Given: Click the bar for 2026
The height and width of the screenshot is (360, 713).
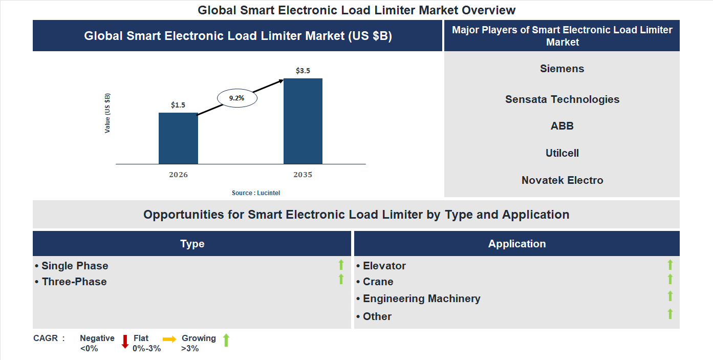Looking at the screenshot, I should tap(178, 138).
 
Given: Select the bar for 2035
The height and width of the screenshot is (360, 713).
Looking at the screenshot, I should tap(303, 121).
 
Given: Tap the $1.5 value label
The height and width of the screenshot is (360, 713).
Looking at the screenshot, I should tap(178, 105).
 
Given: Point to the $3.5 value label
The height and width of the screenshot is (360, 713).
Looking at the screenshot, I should tap(303, 71).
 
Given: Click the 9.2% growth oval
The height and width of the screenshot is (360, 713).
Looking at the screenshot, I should tap(237, 98).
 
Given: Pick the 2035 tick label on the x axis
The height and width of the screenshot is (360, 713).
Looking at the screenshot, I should tap(303, 175).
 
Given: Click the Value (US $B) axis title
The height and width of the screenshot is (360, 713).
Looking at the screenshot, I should tap(107, 113).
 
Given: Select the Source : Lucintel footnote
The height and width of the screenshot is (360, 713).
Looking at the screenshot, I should tap(256, 193).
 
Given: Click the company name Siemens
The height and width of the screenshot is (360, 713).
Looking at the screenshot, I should tap(562, 69).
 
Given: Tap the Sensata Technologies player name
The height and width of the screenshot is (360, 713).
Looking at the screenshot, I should tap(562, 99).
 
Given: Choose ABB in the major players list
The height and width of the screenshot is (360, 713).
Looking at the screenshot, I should tap(562, 126).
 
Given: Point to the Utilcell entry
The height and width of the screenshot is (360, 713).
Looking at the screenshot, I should tap(562, 153).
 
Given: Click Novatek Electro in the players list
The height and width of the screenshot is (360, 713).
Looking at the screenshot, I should tap(562, 180).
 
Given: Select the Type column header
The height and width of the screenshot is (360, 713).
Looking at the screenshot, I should tap(192, 244).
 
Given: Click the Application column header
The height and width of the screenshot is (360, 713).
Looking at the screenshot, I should tap(517, 244).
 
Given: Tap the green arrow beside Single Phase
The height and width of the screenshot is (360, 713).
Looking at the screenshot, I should tap(341, 265).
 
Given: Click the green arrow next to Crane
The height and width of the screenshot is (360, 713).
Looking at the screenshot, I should tap(670, 280).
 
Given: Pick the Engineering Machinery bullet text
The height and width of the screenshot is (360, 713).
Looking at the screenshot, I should tap(421, 299).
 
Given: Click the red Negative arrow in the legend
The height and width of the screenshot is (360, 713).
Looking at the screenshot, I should tap(125, 342).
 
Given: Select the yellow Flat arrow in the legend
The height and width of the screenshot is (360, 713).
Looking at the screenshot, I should tap(169, 339).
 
